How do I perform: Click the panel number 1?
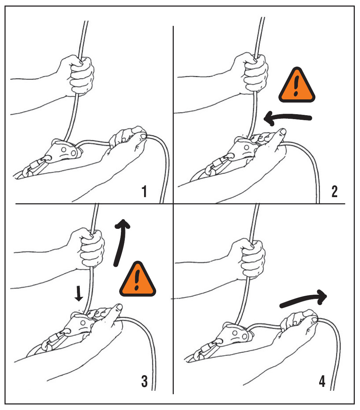[144, 191]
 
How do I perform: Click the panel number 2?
[334, 191]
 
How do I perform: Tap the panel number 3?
[144, 381]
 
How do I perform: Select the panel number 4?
[322, 381]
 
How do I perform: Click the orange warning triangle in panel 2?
[296, 86]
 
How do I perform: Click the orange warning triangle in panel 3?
[137, 280]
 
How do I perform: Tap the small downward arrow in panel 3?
[78, 293]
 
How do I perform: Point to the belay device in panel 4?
[236, 334]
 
